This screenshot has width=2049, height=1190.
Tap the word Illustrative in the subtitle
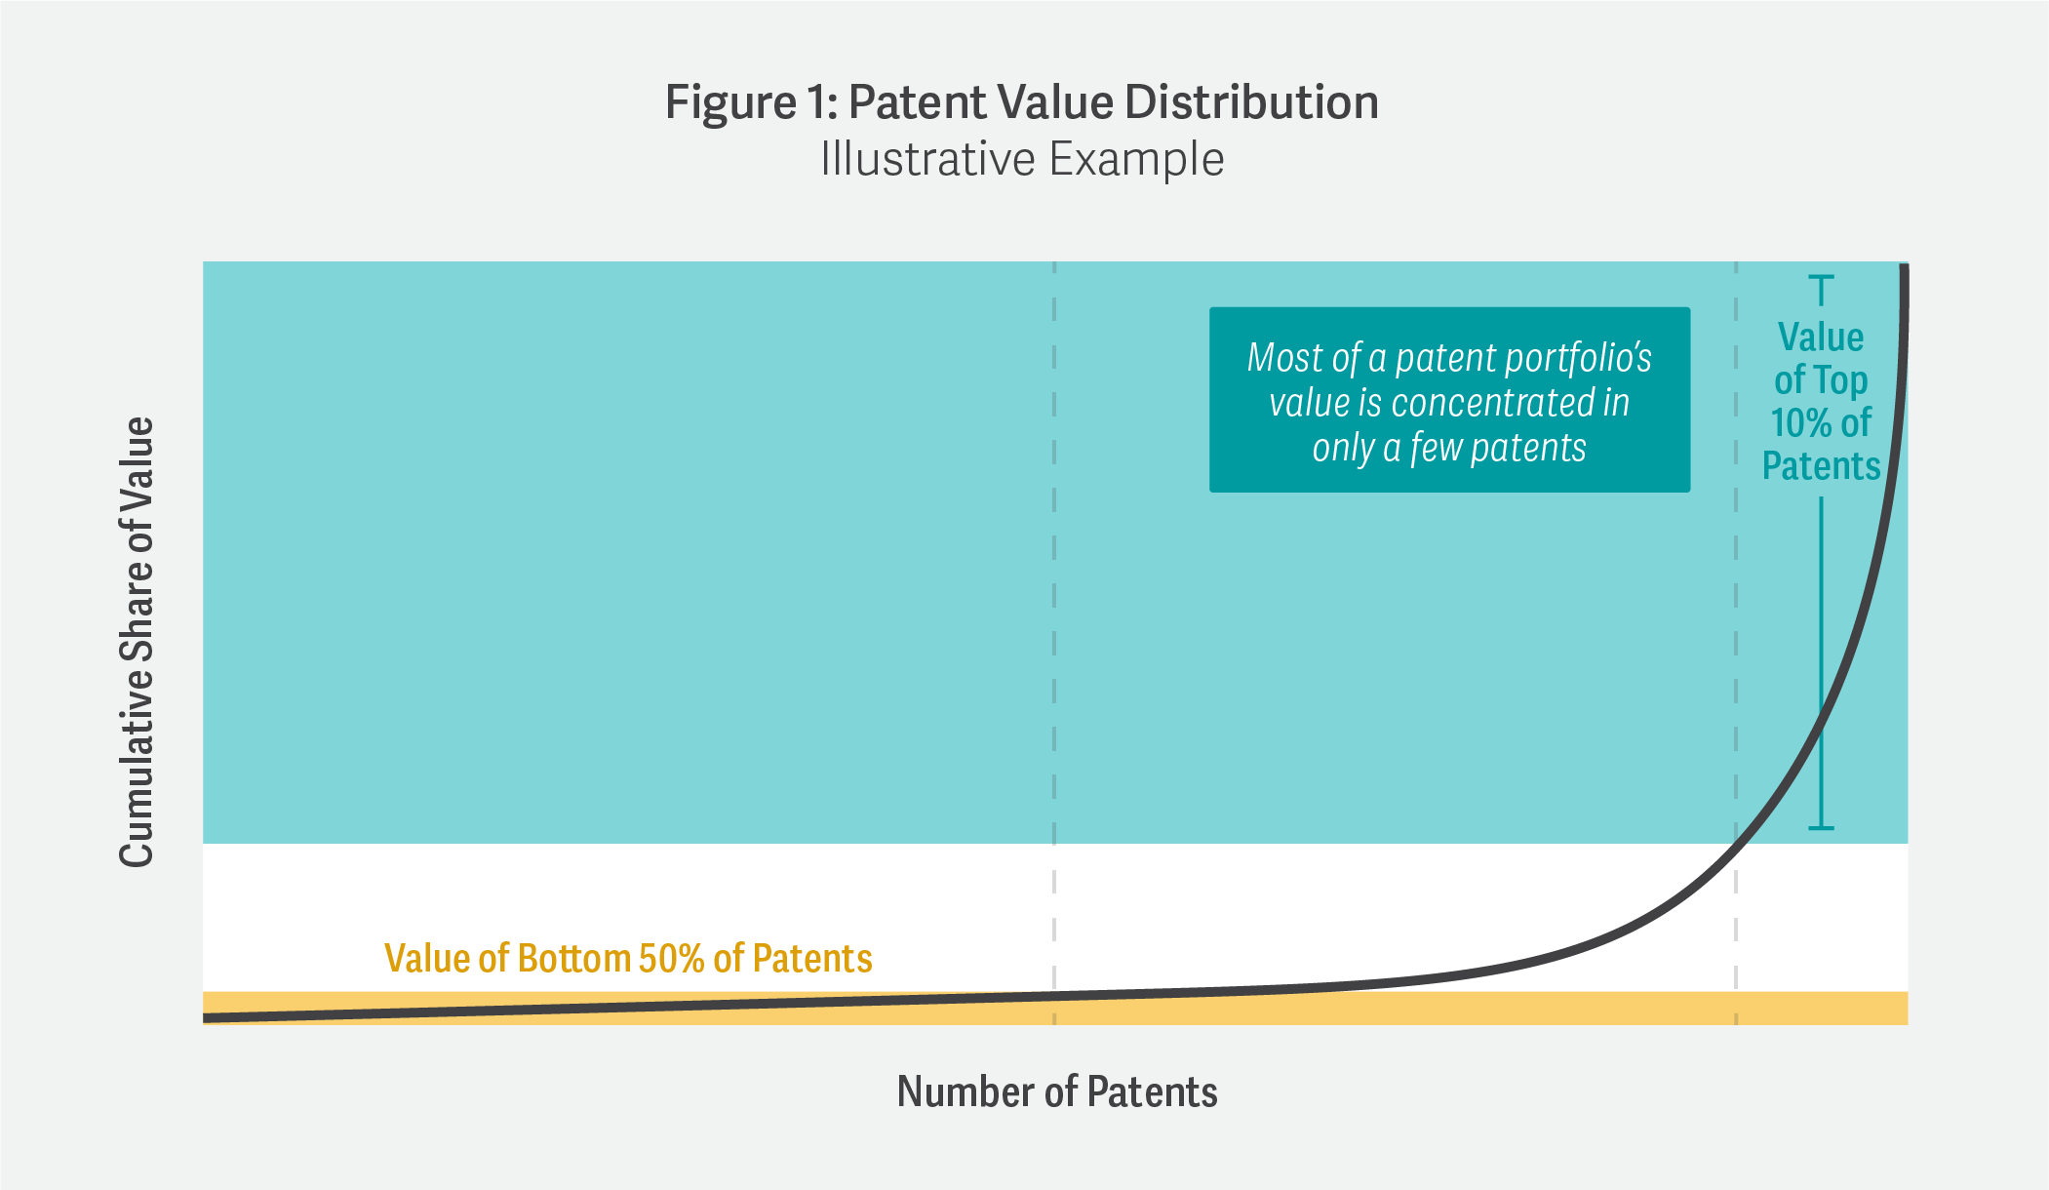(926, 159)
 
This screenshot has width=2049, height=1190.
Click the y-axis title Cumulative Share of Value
(137, 641)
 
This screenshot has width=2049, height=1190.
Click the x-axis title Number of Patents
(1057, 1091)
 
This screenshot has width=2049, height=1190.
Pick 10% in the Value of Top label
(1801, 423)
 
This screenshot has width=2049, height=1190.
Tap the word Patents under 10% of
(1821, 466)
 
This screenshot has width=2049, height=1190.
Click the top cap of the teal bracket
(1821, 278)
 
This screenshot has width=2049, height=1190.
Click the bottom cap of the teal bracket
(1821, 828)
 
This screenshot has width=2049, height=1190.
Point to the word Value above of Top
(1821, 337)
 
